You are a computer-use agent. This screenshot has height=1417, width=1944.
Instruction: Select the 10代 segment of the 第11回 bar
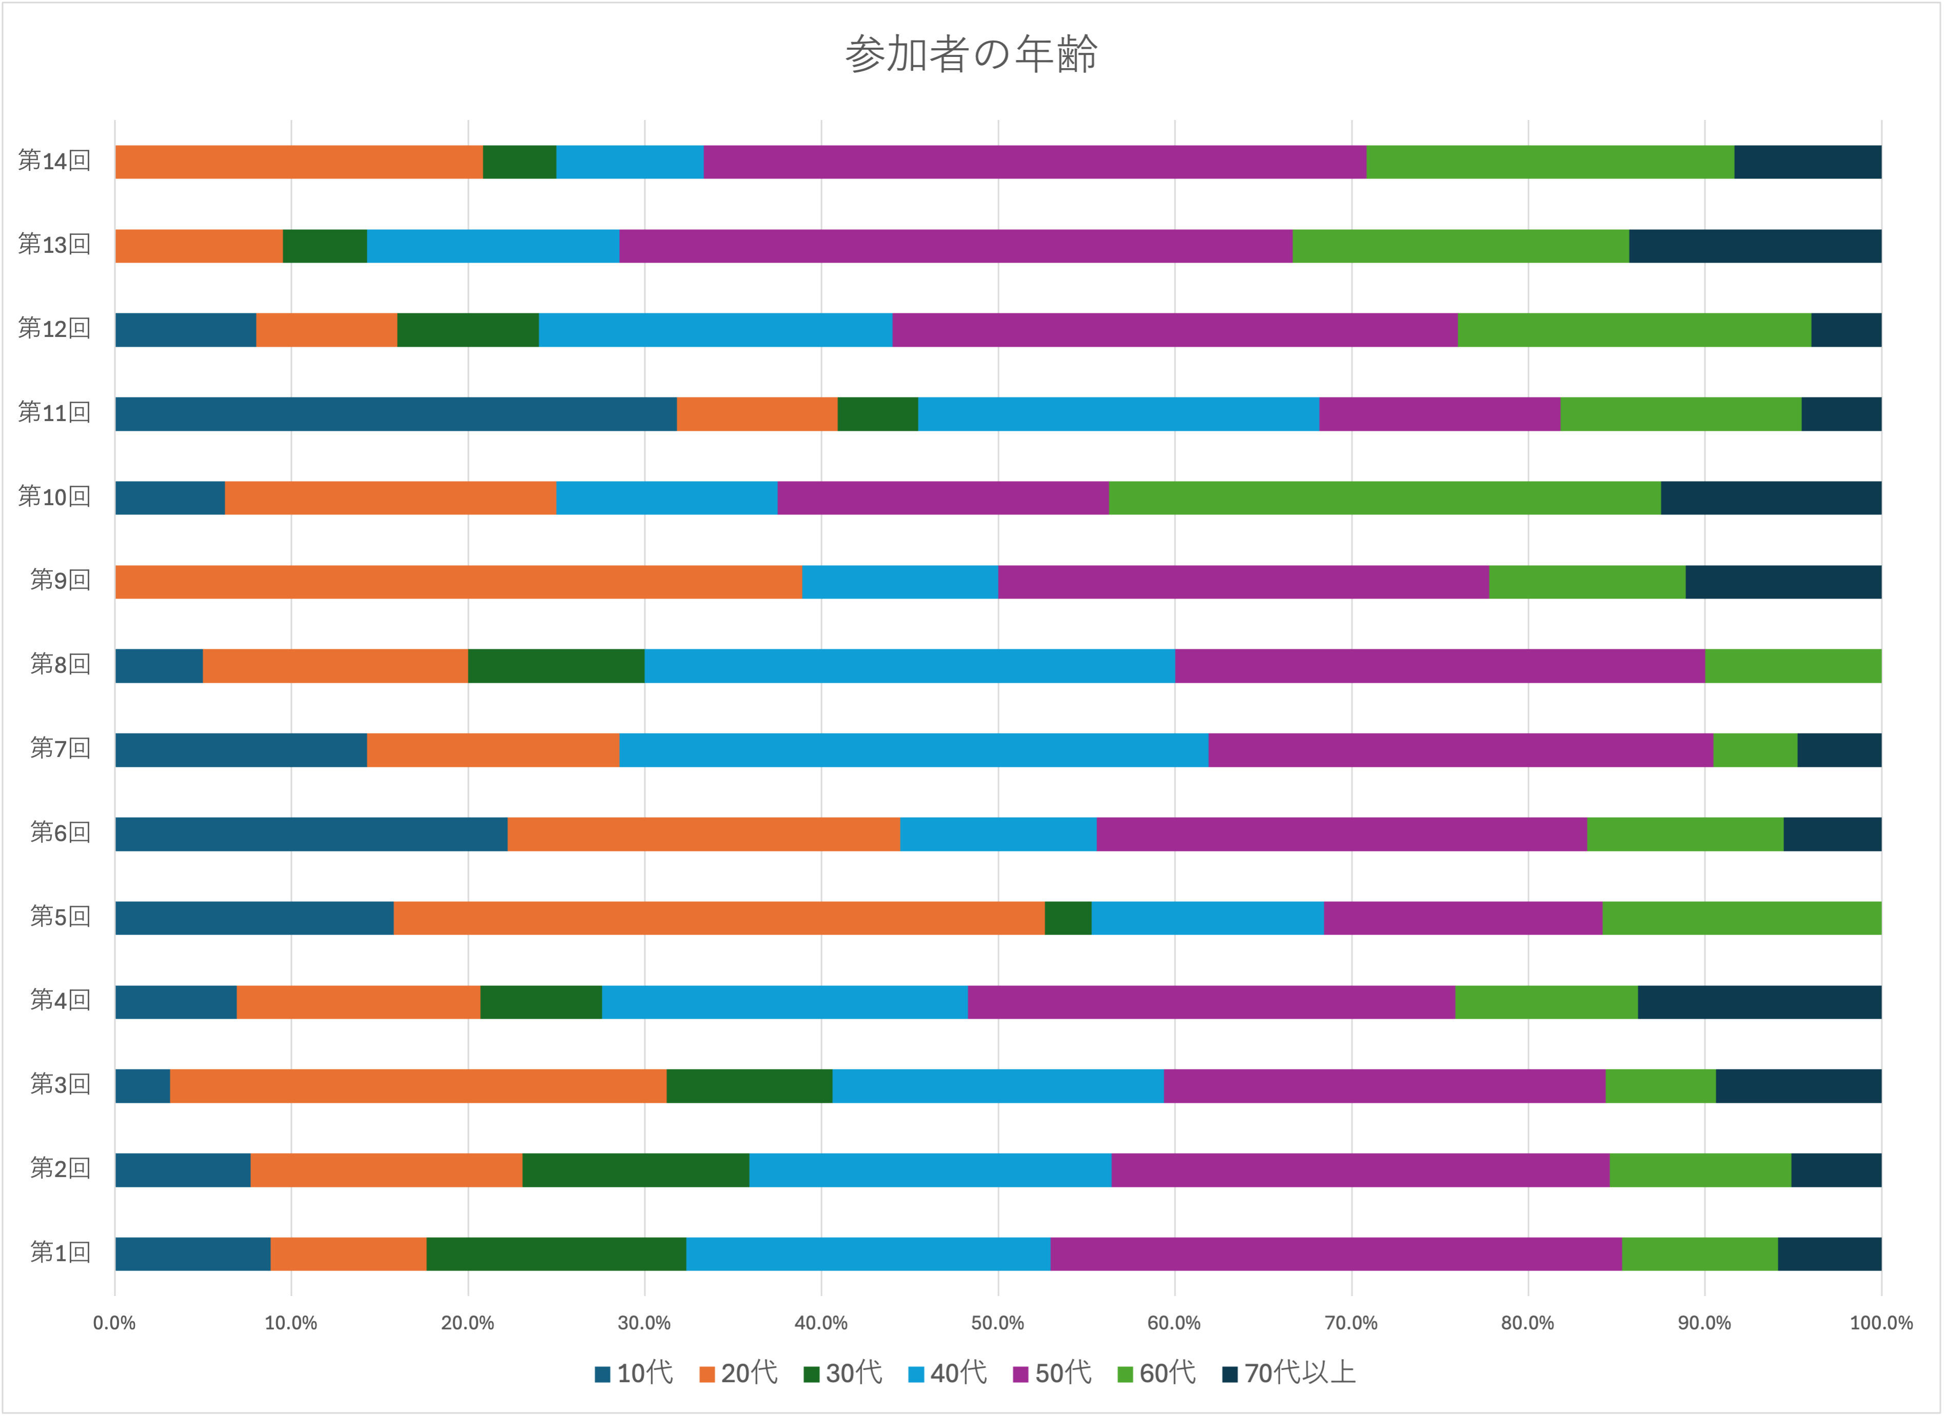coord(395,413)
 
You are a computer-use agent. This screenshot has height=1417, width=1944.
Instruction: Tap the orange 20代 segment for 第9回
coord(458,582)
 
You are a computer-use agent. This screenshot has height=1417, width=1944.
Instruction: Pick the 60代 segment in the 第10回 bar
coord(1384,497)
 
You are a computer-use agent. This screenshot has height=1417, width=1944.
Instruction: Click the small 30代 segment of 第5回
coord(1067,918)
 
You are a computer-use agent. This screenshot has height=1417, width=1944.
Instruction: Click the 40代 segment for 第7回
coord(913,750)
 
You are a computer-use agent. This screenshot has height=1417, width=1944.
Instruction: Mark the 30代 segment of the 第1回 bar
coord(556,1253)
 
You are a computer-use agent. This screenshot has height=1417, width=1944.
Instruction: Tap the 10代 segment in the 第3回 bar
coord(143,1086)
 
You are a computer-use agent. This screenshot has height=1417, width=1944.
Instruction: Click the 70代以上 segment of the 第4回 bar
coord(1759,1002)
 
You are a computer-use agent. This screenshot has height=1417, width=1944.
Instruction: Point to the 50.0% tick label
coord(998,1323)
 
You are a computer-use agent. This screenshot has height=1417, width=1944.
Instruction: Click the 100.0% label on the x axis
coord(1880,1323)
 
